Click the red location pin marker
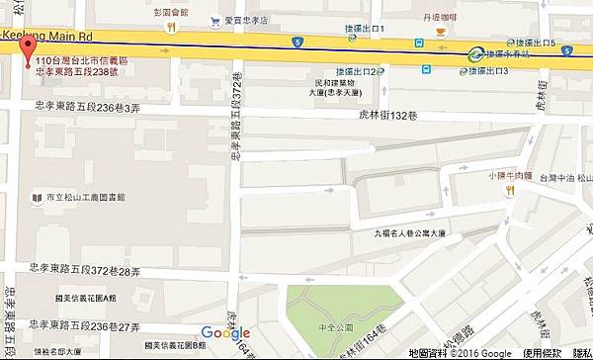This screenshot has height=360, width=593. click(27, 50)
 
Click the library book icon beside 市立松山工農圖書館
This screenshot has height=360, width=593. click(37, 197)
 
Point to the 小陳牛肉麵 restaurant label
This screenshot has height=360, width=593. click(511, 177)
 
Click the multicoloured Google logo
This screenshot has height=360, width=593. click(225, 332)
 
